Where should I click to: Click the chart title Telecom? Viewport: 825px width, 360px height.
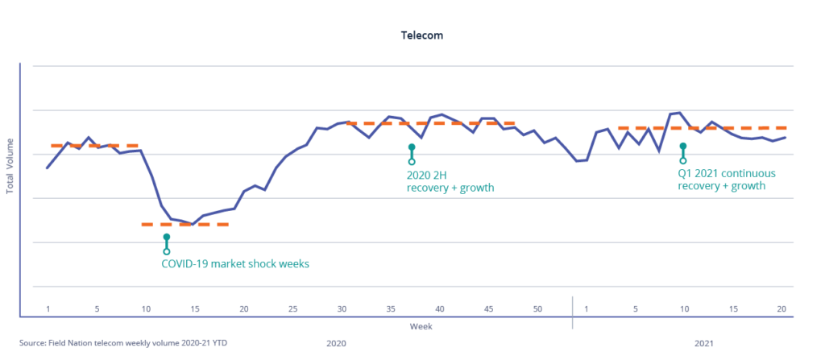422,36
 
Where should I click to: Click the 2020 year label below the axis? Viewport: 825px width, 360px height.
336,343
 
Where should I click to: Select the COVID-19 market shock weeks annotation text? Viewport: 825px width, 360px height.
235,263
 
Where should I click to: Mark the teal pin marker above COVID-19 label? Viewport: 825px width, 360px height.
167,243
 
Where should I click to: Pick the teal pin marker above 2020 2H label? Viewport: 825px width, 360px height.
412,154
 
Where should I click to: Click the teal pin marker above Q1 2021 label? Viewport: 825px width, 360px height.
683,153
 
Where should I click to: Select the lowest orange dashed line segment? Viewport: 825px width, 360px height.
184,224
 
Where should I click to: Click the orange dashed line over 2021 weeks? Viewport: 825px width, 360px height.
702,128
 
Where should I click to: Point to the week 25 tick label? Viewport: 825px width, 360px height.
293,309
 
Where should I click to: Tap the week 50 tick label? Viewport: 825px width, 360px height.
538,309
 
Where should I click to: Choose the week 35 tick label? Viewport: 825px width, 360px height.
392,309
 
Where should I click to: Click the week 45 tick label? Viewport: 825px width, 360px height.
489,309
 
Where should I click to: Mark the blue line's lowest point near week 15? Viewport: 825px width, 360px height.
192,223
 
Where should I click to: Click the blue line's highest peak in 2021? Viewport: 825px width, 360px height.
680,113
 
